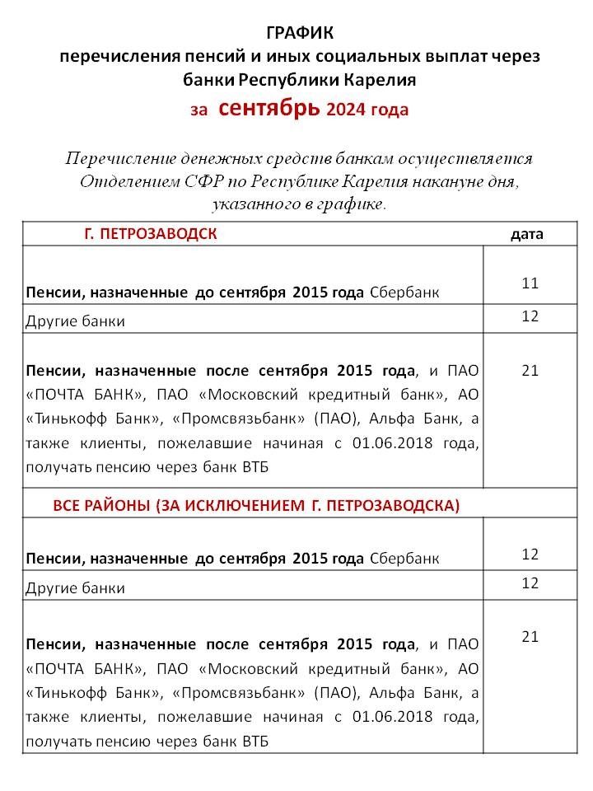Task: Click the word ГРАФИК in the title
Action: (301, 32)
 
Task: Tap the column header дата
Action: (527, 234)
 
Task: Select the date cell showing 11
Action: (530, 283)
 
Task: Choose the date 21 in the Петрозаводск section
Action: (530, 370)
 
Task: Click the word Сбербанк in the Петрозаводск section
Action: (404, 293)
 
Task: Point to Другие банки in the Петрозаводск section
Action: (76, 321)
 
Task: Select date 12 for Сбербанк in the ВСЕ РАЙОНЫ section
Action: (530, 554)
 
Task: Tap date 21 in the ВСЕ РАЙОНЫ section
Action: (530, 636)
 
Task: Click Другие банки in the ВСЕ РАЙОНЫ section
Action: (76, 588)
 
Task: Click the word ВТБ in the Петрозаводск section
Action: (254, 468)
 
